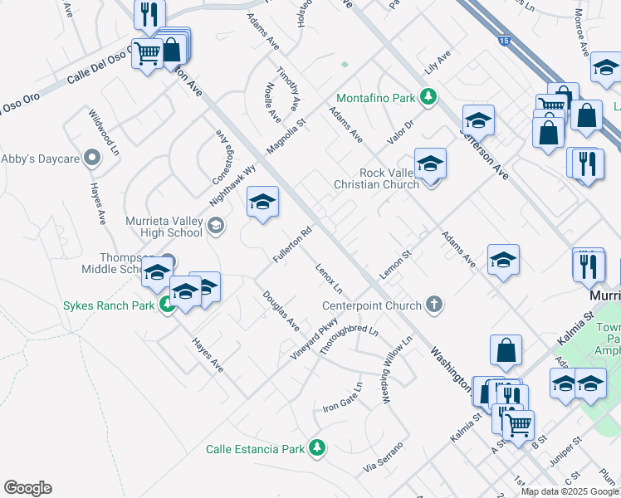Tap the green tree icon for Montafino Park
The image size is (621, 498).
coord(428,98)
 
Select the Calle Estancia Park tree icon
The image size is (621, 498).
coord(316,448)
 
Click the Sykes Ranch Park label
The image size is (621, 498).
coord(110,305)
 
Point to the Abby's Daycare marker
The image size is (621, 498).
coord(92,155)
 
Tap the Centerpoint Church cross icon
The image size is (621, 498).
coord(433,305)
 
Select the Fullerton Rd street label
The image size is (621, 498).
coord(293,246)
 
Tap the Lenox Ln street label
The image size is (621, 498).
coord(329,278)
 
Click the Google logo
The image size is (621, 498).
coord(27,488)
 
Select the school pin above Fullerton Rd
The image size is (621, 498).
coord(262,203)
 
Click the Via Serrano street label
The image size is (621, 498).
coord(383,458)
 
